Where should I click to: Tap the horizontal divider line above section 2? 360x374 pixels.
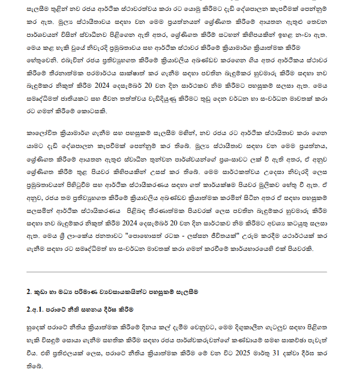pyautogui.click(x=177, y=272)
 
